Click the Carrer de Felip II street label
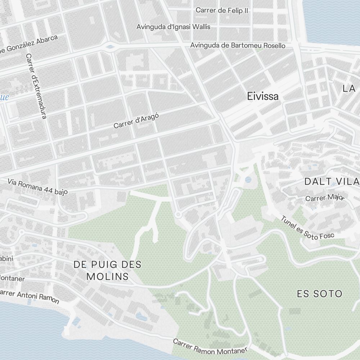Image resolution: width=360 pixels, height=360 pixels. (222, 10)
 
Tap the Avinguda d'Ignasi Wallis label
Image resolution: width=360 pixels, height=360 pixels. (173, 27)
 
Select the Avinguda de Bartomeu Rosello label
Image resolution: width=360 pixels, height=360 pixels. (238, 45)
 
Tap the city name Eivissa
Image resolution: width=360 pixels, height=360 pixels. (263, 96)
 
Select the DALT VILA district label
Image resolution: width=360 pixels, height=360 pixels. (332, 181)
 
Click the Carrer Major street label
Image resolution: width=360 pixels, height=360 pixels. (325, 198)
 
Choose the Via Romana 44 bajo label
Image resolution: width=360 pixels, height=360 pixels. (37, 187)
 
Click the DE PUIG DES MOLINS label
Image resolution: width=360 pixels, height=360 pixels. (107, 270)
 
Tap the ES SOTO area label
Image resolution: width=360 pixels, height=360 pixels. (319, 294)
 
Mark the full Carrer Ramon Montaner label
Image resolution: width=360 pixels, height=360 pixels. (210, 346)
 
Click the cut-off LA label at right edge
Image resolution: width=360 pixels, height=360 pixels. (349, 89)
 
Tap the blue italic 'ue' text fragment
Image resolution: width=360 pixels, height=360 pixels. (4, 97)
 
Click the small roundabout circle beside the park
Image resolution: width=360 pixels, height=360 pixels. (177, 215)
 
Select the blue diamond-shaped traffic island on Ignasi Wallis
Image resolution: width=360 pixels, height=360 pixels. (110, 46)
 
